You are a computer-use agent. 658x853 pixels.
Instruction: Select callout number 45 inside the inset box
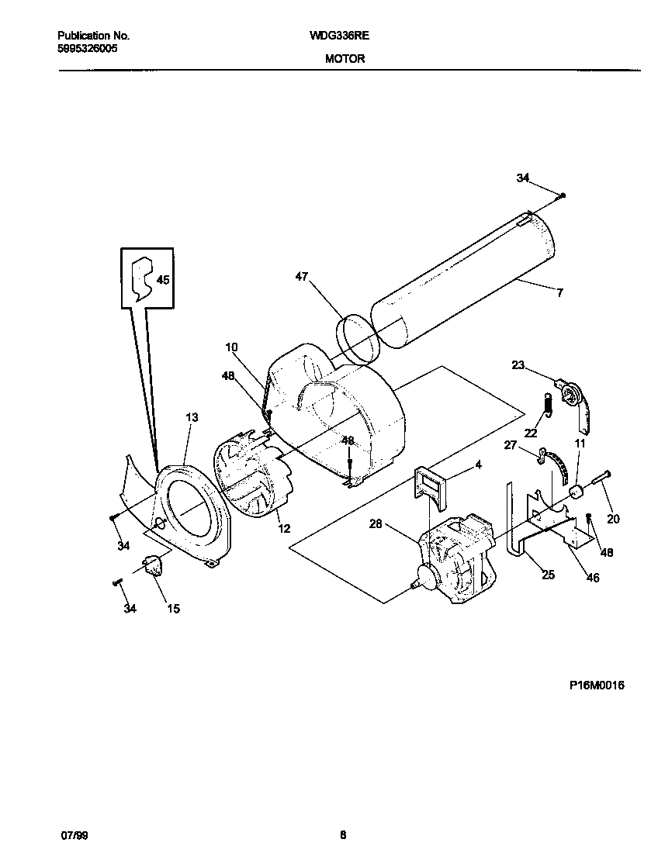point(163,280)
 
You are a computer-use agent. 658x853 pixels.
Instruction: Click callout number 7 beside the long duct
point(559,292)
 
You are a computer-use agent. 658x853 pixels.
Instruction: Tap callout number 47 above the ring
point(303,276)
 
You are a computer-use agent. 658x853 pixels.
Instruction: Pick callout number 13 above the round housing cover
point(192,417)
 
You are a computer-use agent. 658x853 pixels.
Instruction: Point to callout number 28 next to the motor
point(376,524)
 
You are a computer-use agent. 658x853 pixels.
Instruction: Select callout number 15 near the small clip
point(173,609)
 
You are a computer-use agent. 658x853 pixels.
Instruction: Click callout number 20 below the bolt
point(613,519)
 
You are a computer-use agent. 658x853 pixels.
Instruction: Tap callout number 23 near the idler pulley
point(518,364)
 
